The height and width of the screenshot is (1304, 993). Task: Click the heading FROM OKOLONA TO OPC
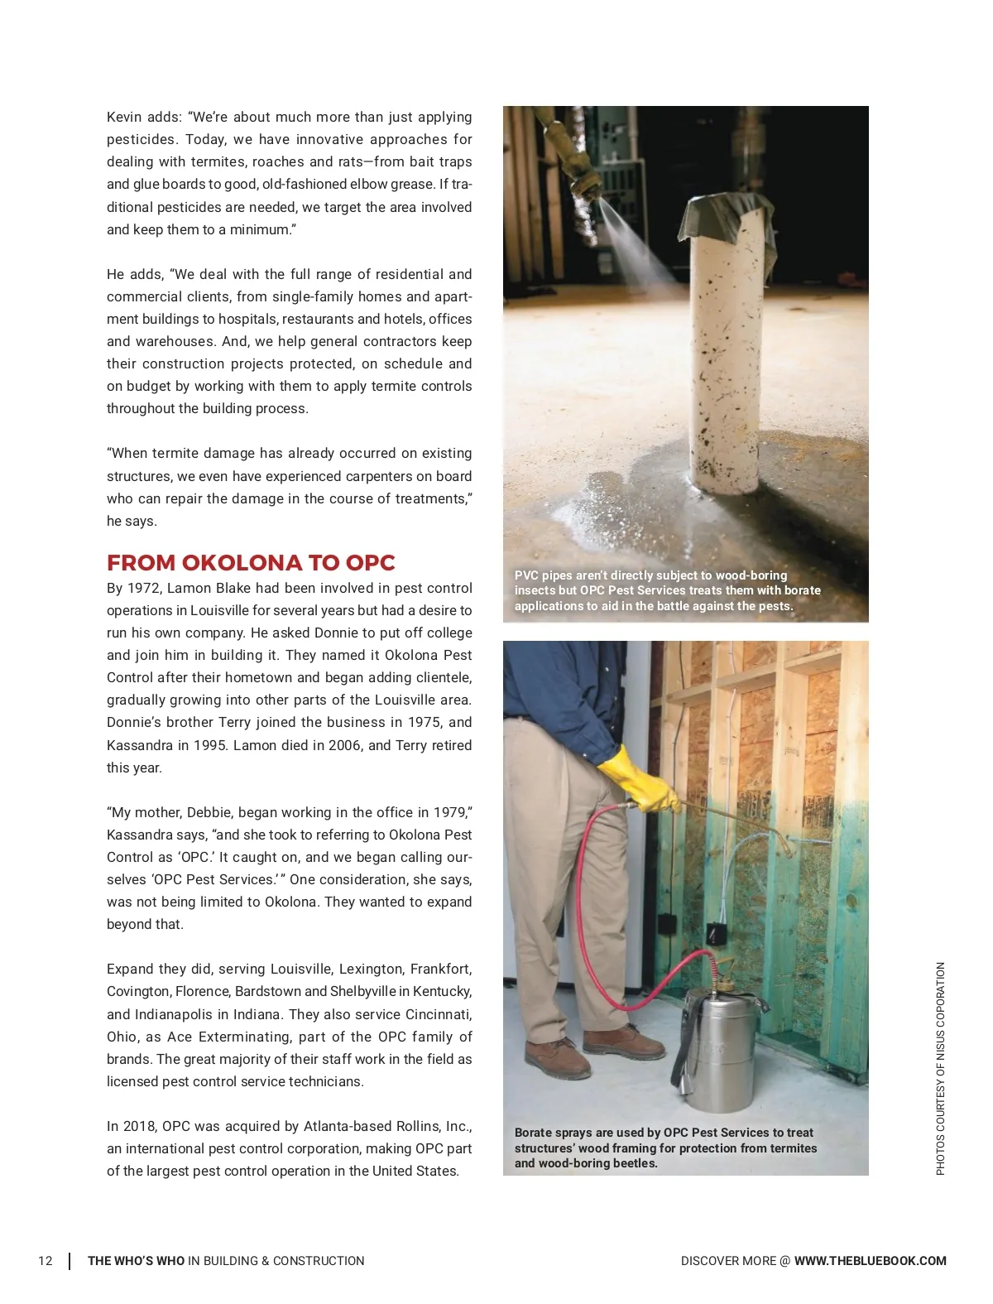pos(251,563)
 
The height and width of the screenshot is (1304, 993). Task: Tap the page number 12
pos(46,1261)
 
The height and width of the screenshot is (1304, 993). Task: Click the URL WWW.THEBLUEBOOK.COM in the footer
pos(870,1261)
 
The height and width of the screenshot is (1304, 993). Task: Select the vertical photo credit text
pos(940,1068)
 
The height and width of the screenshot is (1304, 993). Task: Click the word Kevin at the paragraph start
pos(124,118)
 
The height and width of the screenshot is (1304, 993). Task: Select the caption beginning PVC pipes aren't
pos(667,590)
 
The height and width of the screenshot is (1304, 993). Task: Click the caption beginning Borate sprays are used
pos(665,1148)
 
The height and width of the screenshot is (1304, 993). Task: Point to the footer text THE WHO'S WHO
pos(137,1261)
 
